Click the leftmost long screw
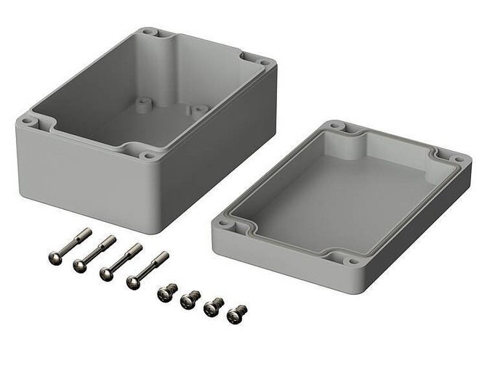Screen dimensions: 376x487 [x=69, y=245]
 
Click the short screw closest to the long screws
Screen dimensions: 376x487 [x=166, y=293]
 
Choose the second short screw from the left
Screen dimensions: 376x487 [x=190, y=298]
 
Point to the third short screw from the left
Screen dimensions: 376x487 [x=213, y=307]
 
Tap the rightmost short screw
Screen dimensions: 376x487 [x=236, y=314]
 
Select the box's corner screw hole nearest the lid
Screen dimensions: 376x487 [x=149, y=155]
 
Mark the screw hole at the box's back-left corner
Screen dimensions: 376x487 [x=149, y=32]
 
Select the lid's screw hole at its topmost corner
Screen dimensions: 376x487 [x=335, y=126]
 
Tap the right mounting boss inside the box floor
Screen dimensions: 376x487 [x=194, y=110]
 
